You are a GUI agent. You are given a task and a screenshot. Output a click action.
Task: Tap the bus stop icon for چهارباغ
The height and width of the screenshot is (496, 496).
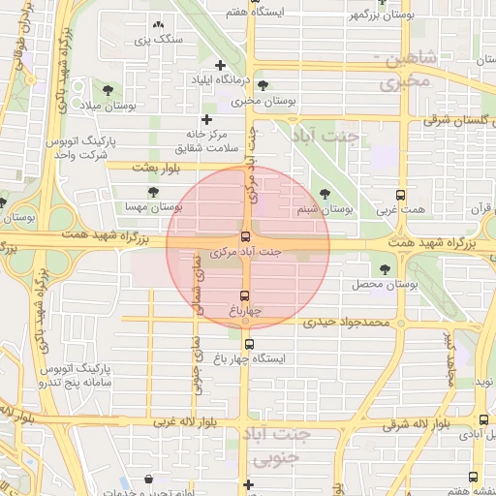(x=245, y=295)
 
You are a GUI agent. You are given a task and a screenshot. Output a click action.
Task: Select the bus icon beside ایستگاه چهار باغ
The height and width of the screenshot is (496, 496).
(x=250, y=344)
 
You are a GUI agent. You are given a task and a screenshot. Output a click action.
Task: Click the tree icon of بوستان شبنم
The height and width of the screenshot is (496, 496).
(x=325, y=194)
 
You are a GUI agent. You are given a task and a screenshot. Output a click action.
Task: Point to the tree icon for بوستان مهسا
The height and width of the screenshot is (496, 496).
(x=154, y=192)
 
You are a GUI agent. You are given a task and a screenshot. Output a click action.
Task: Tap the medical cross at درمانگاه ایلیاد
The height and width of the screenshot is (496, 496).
(x=221, y=65)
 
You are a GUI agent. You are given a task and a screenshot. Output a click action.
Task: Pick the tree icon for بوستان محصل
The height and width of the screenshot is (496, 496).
(x=387, y=269)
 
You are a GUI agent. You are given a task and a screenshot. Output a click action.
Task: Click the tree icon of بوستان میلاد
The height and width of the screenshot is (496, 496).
(x=107, y=89)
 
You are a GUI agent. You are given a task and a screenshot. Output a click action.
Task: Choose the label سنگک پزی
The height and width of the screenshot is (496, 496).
(x=158, y=40)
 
